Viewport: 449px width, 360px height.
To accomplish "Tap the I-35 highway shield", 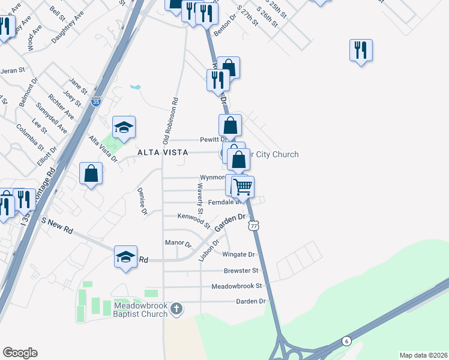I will [96, 103].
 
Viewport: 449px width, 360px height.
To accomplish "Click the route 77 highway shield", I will [255, 225].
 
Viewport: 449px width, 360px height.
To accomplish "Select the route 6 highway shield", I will [346, 341].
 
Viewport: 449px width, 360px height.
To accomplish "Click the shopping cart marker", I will [243, 187].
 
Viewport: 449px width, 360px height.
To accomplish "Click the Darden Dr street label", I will [250, 301].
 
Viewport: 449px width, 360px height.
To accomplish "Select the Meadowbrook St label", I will [237, 286].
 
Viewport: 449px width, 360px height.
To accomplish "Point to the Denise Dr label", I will [143, 202].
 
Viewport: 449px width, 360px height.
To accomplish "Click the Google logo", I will [20, 352].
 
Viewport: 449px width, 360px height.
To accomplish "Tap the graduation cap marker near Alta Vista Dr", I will [124, 127].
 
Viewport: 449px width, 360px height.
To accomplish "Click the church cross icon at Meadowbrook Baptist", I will [176, 310].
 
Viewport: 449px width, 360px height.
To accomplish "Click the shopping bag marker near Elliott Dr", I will [91, 174].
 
